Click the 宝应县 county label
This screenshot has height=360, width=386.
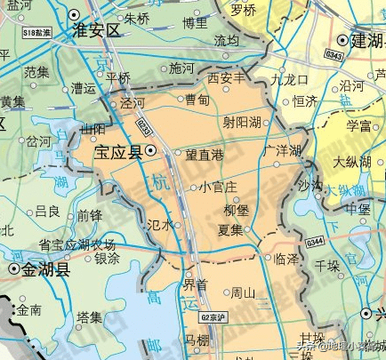pyautogui.click(x=119, y=152)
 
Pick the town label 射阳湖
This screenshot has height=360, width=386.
pyautogui.click(x=242, y=122)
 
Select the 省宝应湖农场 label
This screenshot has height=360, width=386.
pyautogui.click(x=76, y=244)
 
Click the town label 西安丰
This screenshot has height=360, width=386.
pyautogui.click(x=226, y=79)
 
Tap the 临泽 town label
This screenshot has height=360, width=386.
pyautogui.click(x=286, y=259)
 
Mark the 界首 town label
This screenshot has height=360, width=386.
pyautogui.click(x=195, y=285)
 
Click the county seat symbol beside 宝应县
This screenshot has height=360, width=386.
pyautogui.click(x=151, y=152)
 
